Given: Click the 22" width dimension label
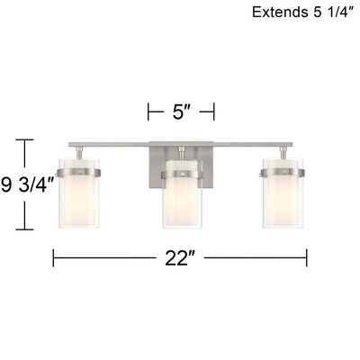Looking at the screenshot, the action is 180,258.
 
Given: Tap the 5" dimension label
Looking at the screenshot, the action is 182,112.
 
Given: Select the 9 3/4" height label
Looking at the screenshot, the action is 28,185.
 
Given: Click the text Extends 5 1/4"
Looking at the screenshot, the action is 302,13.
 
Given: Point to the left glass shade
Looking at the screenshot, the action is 79,193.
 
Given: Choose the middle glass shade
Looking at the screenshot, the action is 183,194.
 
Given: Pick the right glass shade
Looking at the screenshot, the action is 283,193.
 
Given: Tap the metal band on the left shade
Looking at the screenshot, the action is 78,173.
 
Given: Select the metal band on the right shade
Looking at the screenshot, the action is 283,173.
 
